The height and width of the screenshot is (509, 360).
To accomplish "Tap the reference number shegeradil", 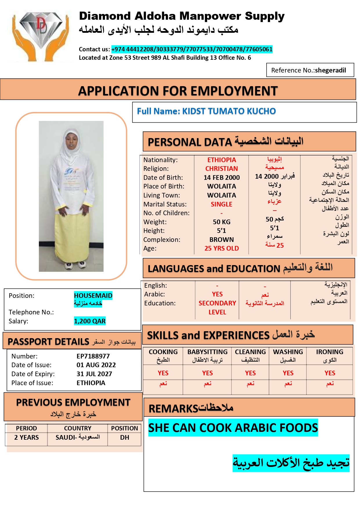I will [x=330, y=70].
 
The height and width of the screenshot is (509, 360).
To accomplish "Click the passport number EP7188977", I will [x=93, y=356].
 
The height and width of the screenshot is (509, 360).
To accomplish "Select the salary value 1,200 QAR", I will [x=90, y=321].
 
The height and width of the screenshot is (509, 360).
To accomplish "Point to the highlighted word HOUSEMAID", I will [x=93, y=296].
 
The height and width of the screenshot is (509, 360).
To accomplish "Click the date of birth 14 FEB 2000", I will [x=222, y=177].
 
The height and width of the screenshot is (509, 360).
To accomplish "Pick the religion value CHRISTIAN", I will [x=222, y=169].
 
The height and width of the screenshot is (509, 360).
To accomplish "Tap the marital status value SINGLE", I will [x=221, y=204].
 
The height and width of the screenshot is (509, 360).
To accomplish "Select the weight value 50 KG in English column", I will [x=222, y=222].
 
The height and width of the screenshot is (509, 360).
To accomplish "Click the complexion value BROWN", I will [x=222, y=240].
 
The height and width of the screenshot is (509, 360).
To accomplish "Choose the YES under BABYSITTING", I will [x=207, y=373].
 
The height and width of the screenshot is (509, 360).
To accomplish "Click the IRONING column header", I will [x=330, y=352].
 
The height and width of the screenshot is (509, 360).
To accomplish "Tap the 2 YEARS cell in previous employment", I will [x=26, y=437].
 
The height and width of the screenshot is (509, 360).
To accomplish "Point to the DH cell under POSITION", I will [x=124, y=437].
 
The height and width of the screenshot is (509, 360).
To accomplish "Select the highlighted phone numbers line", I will [x=192, y=49].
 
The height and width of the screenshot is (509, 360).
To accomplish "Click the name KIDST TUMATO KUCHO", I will [x=229, y=111].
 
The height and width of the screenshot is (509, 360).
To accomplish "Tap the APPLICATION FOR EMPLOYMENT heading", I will [x=178, y=91].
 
